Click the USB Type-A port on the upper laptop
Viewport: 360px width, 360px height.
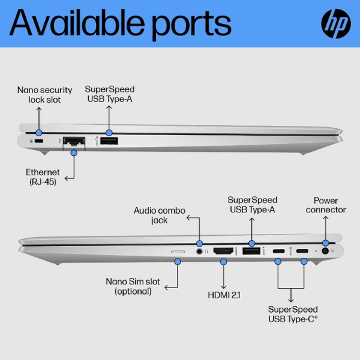pos(109,141)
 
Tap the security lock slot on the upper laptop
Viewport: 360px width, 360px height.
pos(39,141)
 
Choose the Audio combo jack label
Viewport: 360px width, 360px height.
pos(159,215)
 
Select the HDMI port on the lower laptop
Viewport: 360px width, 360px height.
pos(223,251)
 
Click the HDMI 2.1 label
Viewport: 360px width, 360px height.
pos(223,294)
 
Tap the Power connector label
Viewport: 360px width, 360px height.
pos(326,205)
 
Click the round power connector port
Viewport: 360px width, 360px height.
pos(326,252)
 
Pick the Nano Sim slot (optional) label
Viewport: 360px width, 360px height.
pos(133,286)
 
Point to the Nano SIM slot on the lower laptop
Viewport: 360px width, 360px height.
pos(178,251)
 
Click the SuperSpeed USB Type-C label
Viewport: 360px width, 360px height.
pos(292,313)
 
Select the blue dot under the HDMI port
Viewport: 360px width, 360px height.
pos(223,262)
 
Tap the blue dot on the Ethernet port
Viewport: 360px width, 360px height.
pos(73,152)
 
